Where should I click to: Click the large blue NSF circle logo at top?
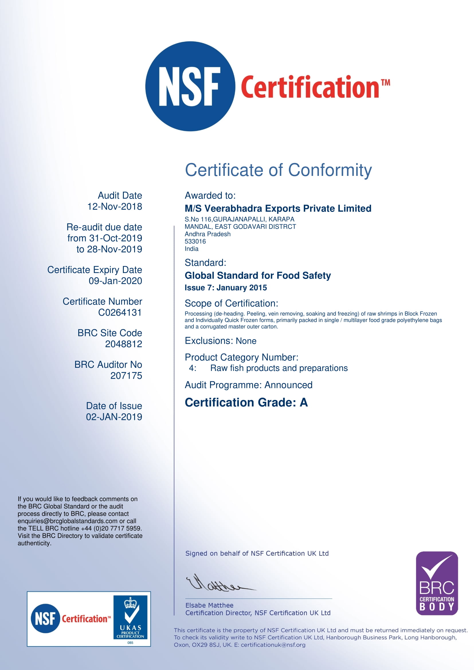190,87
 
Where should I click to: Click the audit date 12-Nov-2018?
115,207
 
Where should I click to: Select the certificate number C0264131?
120,313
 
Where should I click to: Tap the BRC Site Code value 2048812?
124,344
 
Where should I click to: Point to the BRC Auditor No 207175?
126,376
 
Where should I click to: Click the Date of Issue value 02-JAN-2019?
114,417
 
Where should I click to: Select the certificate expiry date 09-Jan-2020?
115,281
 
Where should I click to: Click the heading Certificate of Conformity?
278,170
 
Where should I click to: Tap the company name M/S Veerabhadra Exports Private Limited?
278,208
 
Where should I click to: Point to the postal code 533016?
195,241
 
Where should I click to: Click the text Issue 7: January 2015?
226,288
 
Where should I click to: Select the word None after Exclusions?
246,341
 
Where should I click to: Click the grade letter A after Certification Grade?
303,403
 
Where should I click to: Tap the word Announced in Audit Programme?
288,385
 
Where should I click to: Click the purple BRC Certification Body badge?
437,583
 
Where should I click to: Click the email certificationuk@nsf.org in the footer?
273,645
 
